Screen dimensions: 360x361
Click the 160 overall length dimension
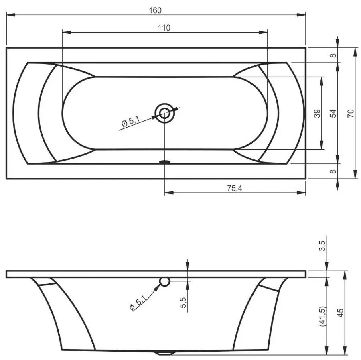pyautogui.click(x=157, y=10)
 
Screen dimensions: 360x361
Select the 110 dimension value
pyautogui.click(x=164, y=28)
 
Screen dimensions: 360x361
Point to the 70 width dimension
pyautogui.click(x=351, y=113)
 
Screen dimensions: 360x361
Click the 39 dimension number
pyautogui.click(x=317, y=114)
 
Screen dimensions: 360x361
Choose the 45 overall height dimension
pyautogui.click(x=341, y=313)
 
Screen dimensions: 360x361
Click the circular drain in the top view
pyautogui.click(x=164, y=113)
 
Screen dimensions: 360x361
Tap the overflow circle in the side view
pyautogui.click(x=164, y=282)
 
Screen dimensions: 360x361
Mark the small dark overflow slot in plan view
pyautogui.click(x=164, y=162)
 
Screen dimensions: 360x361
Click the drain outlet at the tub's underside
pyautogui.click(x=164, y=353)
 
